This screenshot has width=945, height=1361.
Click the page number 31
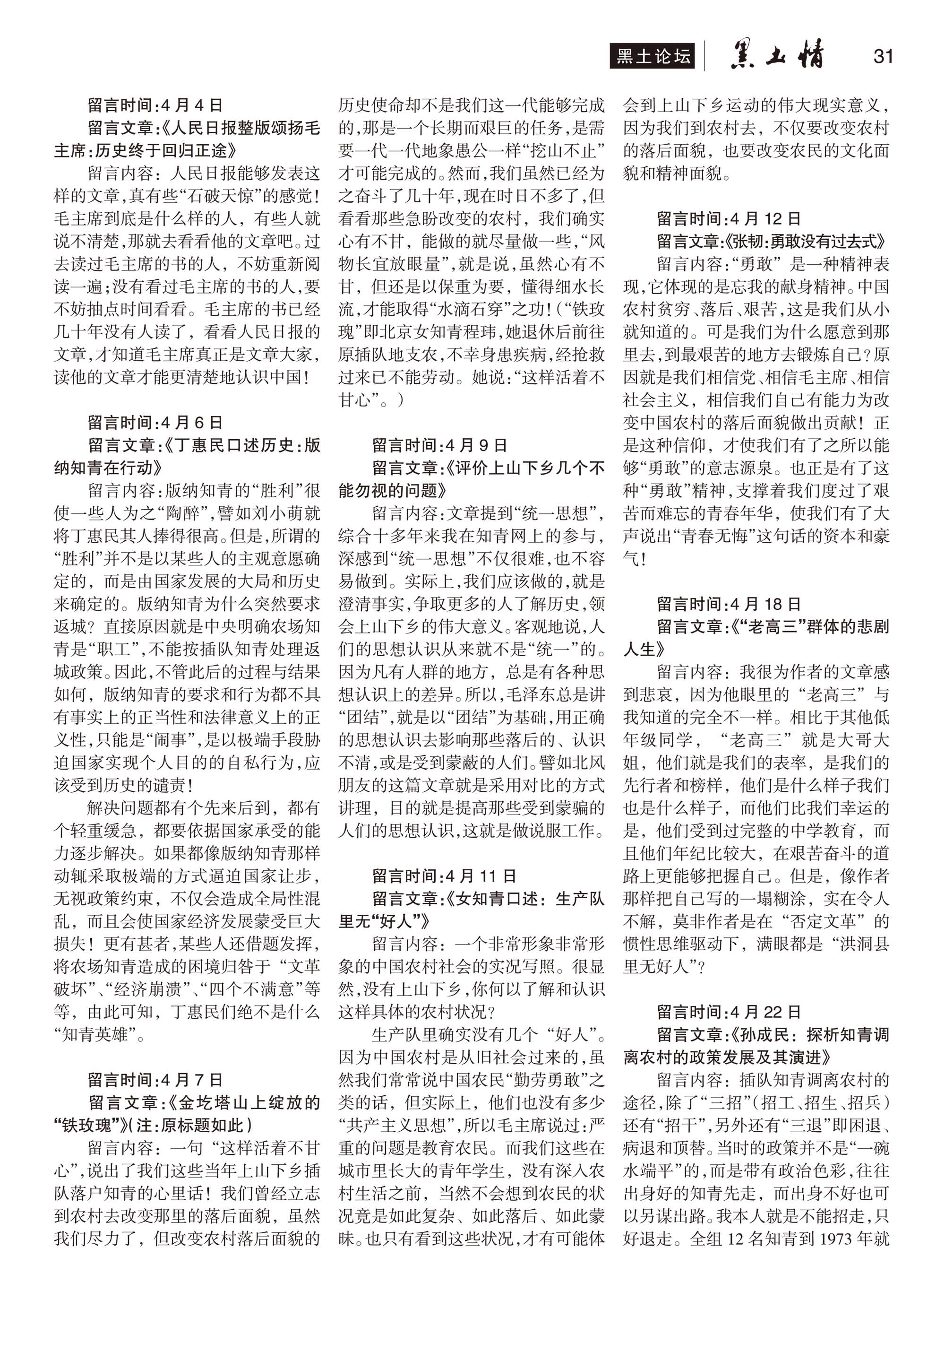pyautogui.click(x=882, y=56)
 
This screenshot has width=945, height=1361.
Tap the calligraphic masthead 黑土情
pyautogui.click(x=776, y=56)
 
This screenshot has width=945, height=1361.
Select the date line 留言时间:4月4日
pyautogui.click(x=155, y=105)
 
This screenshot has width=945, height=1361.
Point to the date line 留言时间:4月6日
pyautogui.click(x=155, y=422)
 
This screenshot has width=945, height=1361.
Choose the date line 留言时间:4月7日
pyautogui.click(x=155, y=1080)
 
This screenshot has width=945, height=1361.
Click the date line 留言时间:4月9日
pyautogui.click(x=439, y=445)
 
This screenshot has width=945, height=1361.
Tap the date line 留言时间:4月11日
pyautogui.click(x=444, y=876)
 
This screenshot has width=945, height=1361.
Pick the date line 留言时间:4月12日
pyautogui.click(x=728, y=218)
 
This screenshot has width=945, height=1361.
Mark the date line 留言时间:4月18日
pyautogui.click(x=728, y=604)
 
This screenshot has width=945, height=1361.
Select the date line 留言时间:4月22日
pyautogui.click(x=728, y=1012)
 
